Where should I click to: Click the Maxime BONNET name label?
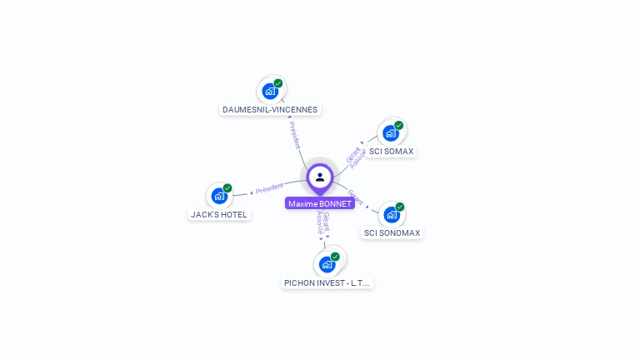(320, 203)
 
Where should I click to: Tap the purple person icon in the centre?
(320, 177)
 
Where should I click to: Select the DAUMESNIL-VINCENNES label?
(270, 109)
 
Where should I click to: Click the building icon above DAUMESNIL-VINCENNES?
(269, 92)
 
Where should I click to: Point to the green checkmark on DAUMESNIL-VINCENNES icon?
(278, 83)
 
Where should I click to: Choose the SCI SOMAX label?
(391, 151)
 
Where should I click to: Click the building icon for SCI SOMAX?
(390, 133)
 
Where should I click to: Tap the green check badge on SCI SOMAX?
(399, 126)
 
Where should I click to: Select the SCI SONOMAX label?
(392, 232)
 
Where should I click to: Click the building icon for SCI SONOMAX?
(391, 215)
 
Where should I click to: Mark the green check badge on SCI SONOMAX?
(400, 207)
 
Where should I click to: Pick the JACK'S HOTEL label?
(219, 214)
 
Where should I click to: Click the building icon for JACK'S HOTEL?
(218, 196)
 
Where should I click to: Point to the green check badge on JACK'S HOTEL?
(227, 188)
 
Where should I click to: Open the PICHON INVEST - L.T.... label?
(327, 282)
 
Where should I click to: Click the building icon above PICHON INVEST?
(327, 264)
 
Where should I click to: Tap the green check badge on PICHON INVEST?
(335, 257)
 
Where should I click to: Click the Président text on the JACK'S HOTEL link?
(269, 188)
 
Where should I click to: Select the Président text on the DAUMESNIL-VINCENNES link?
(294, 135)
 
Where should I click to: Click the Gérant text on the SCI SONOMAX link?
(356, 197)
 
